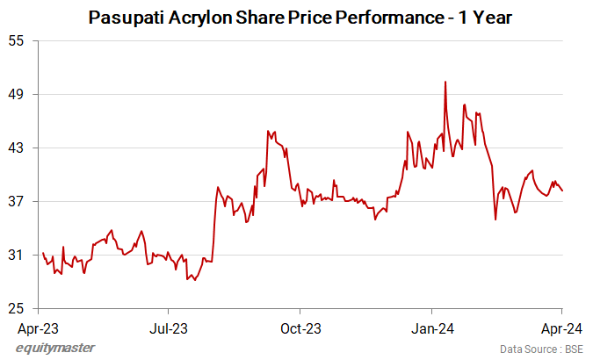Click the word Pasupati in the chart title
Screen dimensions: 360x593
point(128,17)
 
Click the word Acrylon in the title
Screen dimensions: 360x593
point(201,17)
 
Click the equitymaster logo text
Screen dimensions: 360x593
point(55,348)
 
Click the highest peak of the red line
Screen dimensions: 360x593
point(446,82)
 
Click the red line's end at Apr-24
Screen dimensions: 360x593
point(562,191)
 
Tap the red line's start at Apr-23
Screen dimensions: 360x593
point(43,253)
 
